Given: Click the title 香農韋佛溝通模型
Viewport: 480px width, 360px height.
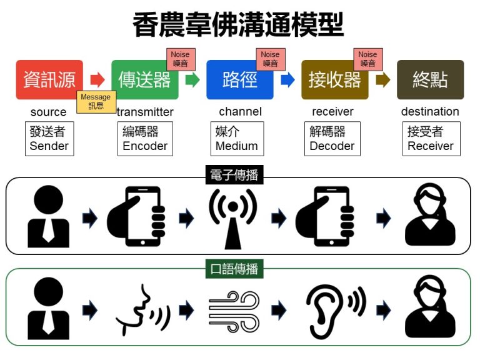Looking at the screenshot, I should tap(239, 26).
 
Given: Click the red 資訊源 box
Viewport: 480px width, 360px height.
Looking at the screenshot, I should tap(49, 80).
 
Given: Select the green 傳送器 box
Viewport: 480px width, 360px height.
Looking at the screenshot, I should tap(144, 80).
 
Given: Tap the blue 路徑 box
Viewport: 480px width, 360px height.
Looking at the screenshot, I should tap(240, 80).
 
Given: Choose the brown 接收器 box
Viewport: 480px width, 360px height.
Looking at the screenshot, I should tap(334, 80).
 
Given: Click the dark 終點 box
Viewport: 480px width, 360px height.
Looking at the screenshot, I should tap(430, 80).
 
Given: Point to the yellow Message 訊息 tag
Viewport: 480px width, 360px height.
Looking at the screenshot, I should tap(96, 102).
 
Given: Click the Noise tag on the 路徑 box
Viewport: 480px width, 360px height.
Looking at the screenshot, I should tap(270, 59).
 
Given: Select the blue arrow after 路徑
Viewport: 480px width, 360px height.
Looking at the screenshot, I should tap(287, 80).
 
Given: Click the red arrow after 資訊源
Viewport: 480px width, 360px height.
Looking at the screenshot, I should tap(97, 80).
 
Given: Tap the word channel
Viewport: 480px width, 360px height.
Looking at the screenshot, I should tap(240, 112).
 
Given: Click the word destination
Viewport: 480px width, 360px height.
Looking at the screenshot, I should tap(430, 112).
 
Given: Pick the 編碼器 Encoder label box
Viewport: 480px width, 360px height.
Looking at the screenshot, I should tap(145, 139).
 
